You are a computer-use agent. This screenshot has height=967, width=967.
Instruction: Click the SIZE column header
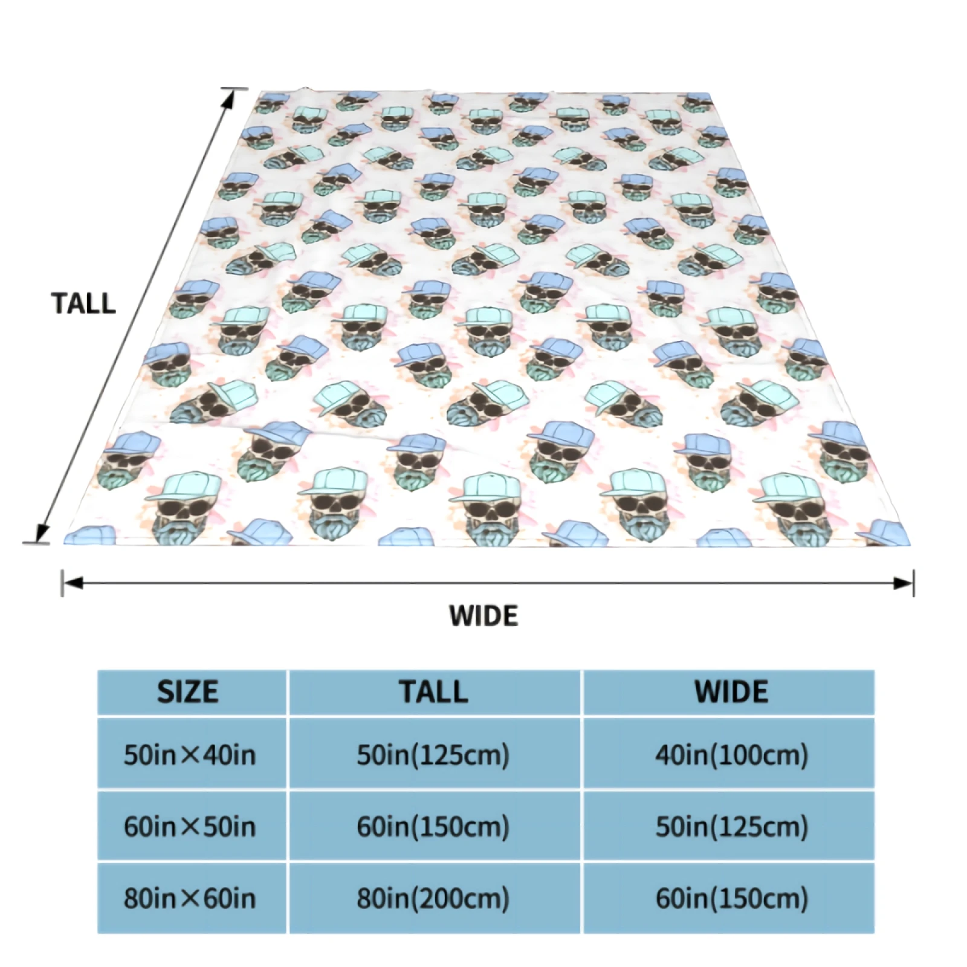(188, 692)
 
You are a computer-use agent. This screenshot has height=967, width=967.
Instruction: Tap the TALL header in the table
(433, 692)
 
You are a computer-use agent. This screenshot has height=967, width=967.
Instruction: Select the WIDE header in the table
(731, 692)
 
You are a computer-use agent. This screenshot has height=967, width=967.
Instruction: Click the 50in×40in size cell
(190, 755)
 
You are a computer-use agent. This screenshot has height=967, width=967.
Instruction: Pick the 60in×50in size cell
(190, 826)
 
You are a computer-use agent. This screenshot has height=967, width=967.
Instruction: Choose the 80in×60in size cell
(190, 898)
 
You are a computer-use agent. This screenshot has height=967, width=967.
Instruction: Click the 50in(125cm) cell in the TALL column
(433, 755)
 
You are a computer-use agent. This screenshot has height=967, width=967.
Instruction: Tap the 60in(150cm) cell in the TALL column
(433, 826)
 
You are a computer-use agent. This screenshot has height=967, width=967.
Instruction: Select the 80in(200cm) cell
(433, 898)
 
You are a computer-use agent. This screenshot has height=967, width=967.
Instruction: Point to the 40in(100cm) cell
(731, 755)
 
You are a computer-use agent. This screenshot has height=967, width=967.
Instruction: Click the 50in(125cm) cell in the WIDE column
(731, 826)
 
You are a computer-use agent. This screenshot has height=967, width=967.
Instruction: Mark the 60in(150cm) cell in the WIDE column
(731, 898)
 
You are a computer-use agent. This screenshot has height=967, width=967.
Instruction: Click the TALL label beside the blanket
(83, 303)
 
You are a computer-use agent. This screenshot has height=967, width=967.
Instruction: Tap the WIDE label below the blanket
(483, 616)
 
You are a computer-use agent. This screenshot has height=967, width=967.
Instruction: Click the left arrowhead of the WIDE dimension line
(71, 583)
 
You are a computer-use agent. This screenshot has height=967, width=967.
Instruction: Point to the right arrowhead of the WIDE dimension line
(905, 583)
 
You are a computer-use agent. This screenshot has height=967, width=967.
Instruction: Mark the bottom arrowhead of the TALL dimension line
(41, 534)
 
